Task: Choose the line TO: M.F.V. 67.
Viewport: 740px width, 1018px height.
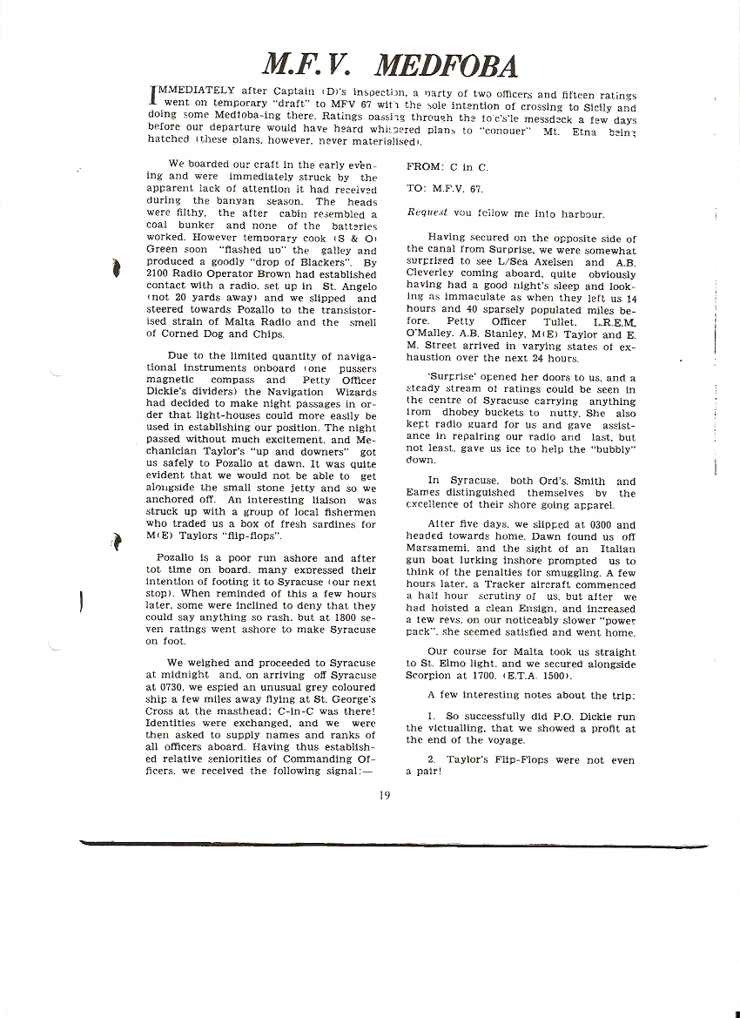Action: tap(441, 187)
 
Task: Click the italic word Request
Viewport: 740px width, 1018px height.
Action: tap(427, 212)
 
